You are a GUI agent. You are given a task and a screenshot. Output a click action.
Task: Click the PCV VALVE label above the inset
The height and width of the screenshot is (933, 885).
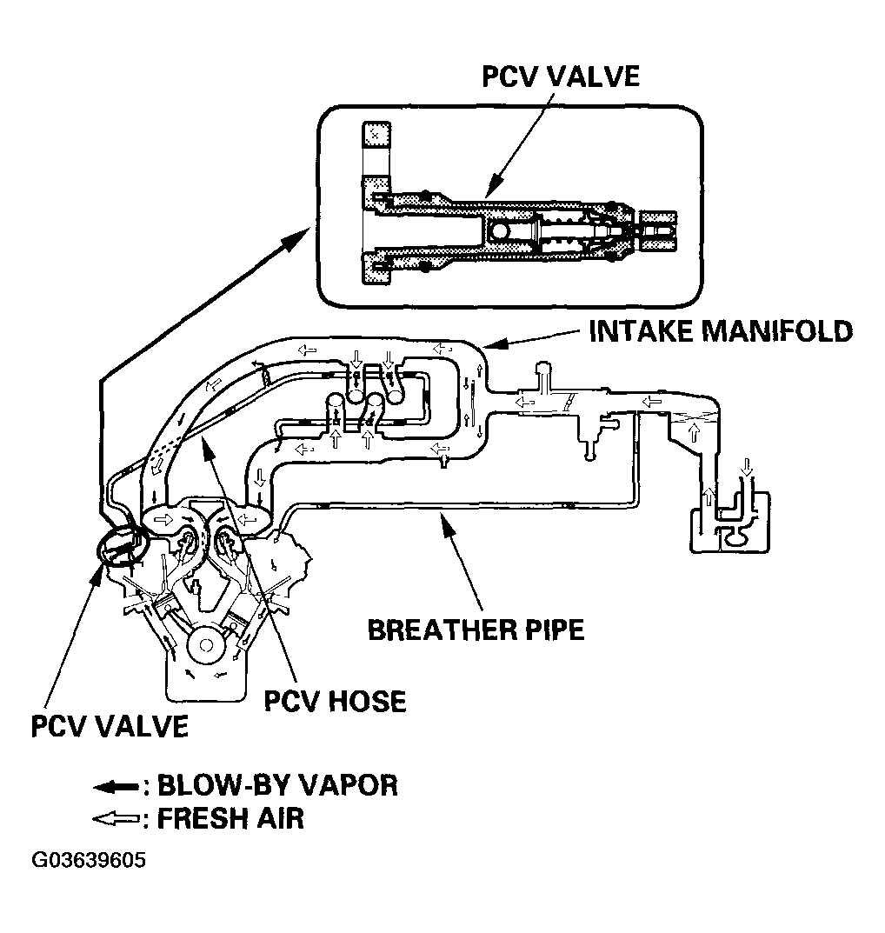point(560,77)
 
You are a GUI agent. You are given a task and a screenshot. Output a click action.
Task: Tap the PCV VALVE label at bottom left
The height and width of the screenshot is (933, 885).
point(110,726)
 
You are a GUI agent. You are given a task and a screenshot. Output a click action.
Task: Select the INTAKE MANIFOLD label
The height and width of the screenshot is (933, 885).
point(721,330)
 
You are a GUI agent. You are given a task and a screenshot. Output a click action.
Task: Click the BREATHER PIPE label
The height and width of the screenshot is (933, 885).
point(476,630)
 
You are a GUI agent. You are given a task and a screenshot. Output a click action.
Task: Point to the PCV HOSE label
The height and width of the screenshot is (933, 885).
point(335,700)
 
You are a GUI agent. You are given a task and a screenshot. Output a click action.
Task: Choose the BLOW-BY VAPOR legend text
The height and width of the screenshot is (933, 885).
point(277,785)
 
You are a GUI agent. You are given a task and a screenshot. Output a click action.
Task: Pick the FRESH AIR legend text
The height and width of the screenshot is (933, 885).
point(230,819)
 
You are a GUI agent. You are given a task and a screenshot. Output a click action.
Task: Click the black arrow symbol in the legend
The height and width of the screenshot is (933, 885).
point(116,787)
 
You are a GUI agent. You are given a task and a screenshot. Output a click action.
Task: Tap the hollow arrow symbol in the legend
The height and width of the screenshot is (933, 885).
point(116,819)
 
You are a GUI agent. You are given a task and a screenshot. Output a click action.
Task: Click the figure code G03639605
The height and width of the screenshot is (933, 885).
point(89,861)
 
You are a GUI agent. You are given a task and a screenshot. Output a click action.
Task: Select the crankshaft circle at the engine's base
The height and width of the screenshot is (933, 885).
point(206,645)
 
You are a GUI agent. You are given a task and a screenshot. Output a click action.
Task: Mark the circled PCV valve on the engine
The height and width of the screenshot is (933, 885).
point(121,544)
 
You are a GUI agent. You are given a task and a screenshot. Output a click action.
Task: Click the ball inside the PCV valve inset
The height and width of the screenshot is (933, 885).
point(500,230)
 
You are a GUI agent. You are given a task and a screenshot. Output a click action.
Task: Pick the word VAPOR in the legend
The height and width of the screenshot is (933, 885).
point(347,785)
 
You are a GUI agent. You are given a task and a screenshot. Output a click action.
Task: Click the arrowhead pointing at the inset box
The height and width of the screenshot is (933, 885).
point(296,237)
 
